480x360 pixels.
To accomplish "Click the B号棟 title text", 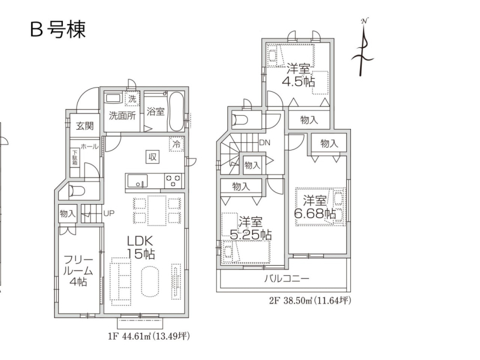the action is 58,29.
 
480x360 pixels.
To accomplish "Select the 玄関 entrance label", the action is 85,125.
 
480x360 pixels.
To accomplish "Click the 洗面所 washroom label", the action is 122,115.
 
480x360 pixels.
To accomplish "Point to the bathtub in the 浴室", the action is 176,111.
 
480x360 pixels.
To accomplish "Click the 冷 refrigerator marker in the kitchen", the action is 176,144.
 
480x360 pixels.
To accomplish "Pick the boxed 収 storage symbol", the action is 152,157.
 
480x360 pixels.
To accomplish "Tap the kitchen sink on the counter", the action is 137,181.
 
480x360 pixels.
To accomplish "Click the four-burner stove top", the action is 173,181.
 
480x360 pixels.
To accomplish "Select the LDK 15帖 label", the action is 140,248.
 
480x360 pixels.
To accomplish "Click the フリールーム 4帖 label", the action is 78,271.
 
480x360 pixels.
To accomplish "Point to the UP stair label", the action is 109,213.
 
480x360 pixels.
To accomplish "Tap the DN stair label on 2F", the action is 265,142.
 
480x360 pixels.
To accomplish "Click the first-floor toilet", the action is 76,191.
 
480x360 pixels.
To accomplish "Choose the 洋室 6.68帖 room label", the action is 314,208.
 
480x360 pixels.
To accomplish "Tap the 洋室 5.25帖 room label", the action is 250,228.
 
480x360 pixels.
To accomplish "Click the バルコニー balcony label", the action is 287,278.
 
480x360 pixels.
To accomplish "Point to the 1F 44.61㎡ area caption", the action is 149,337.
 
